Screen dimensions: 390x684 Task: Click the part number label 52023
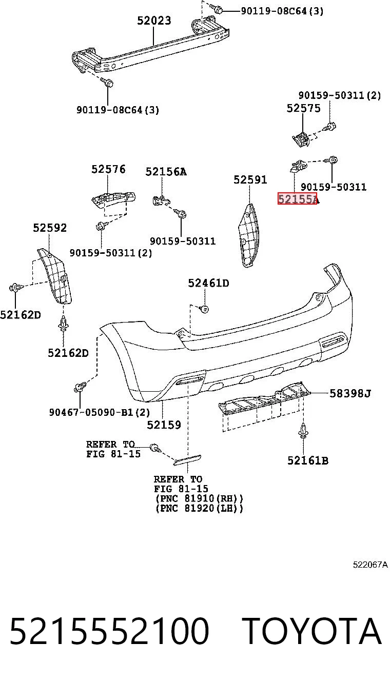tap(154, 21)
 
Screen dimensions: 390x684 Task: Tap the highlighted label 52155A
tap(298, 199)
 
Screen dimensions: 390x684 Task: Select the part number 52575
tap(303, 108)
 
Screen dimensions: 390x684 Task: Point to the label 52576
tap(108, 169)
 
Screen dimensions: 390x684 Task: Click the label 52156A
tap(166, 172)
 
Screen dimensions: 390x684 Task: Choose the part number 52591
tap(250, 179)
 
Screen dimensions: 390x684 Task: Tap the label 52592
tap(50, 228)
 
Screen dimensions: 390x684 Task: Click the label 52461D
tap(208, 284)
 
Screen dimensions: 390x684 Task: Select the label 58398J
tap(350, 394)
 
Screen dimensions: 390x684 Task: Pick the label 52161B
tap(308, 460)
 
